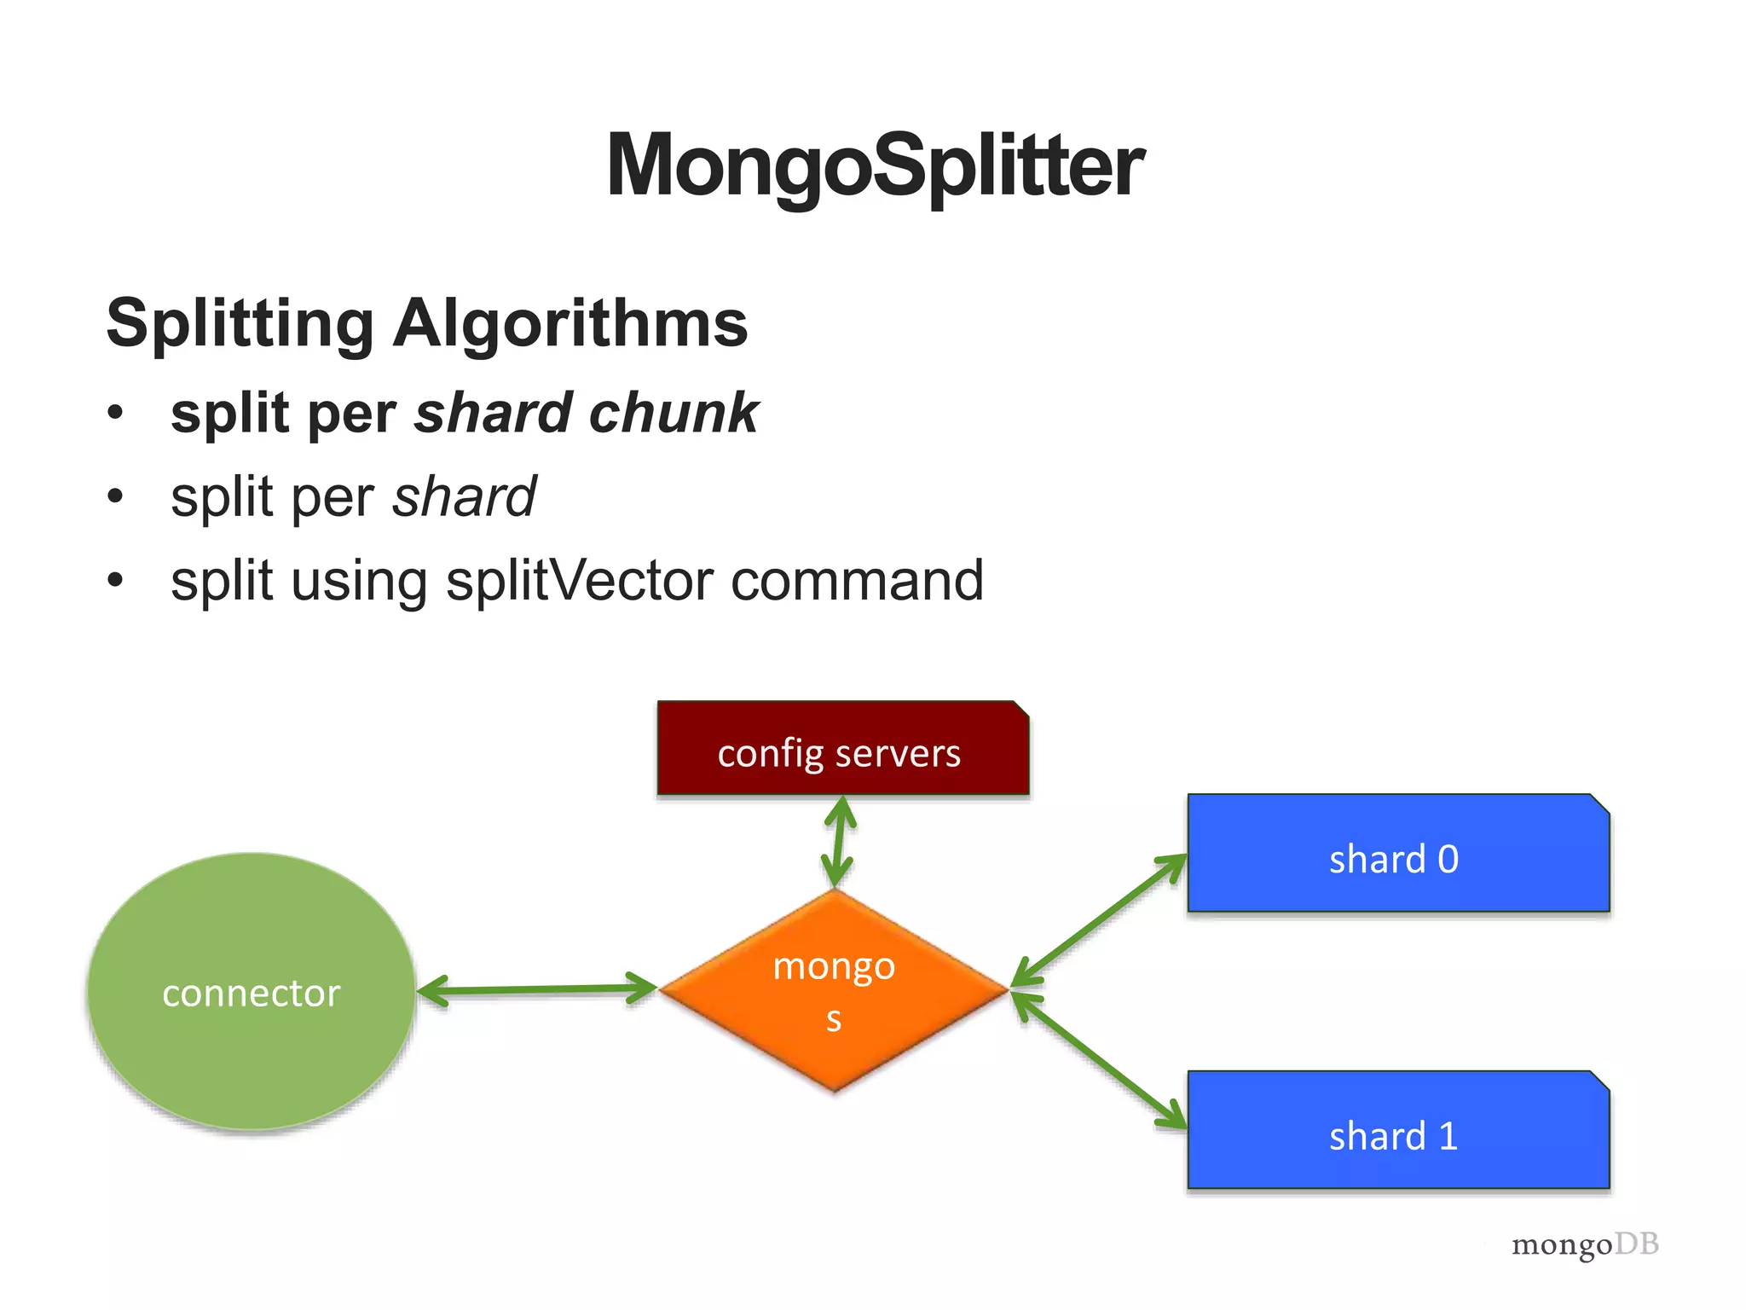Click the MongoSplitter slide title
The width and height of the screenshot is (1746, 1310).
tap(875, 165)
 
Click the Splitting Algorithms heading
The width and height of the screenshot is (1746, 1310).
tap(426, 323)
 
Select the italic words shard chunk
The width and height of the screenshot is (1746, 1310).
tap(587, 413)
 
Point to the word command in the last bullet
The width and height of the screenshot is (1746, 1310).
tap(857, 581)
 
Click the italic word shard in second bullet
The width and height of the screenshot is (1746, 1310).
tap(464, 496)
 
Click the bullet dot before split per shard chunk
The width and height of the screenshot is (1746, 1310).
tap(116, 414)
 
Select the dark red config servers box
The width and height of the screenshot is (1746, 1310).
tap(842, 749)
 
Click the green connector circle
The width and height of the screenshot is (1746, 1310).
tap(251, 992)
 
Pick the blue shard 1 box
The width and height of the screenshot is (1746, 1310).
tap(1398, 1131)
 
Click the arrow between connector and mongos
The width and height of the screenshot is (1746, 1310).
tap(537, 990)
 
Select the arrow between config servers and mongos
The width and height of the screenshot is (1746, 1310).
tap(840, 843)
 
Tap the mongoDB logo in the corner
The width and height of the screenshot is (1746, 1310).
tap(1585, 1245)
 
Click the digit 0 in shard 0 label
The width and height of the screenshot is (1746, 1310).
tap(1448, 860)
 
